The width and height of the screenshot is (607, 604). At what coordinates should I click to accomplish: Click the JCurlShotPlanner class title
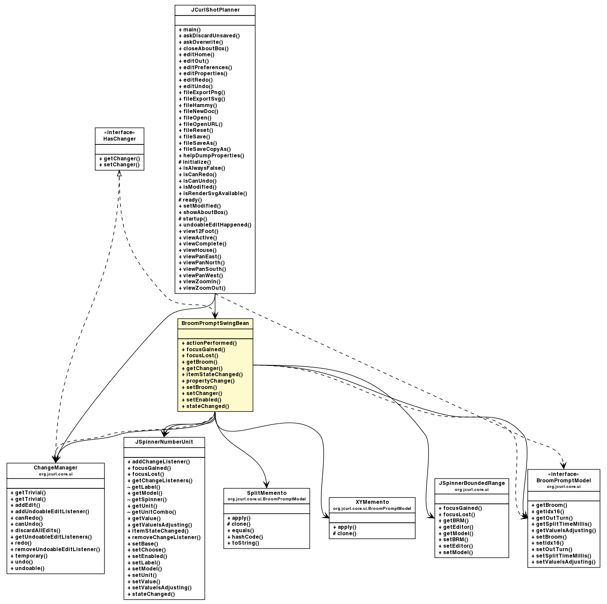215,10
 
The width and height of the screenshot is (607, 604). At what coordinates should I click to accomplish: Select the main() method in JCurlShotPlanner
186,30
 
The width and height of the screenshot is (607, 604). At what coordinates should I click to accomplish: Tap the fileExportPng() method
202,92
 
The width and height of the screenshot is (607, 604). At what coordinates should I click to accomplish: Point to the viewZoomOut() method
202,288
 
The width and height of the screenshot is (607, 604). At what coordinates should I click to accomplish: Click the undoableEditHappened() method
215,225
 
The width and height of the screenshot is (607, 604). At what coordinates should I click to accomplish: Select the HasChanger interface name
120,139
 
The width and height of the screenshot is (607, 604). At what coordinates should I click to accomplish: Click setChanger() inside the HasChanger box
119,165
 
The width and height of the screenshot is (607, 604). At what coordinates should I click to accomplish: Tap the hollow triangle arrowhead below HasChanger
119,173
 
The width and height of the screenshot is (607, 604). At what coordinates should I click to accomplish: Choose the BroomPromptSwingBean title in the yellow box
215,323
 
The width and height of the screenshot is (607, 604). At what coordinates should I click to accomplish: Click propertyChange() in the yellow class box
208,381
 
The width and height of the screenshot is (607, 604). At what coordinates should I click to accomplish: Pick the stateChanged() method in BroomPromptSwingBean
205,406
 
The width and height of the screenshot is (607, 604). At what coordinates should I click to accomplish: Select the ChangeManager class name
55,468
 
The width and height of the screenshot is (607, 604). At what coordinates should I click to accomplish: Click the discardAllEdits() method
35,530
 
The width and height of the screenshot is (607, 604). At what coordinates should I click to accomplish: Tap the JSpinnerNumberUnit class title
164,442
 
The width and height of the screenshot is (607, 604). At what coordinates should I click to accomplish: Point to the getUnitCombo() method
151,512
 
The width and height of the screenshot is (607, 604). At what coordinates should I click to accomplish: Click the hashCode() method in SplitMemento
245,537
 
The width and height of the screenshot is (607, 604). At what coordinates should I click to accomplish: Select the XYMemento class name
372,502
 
